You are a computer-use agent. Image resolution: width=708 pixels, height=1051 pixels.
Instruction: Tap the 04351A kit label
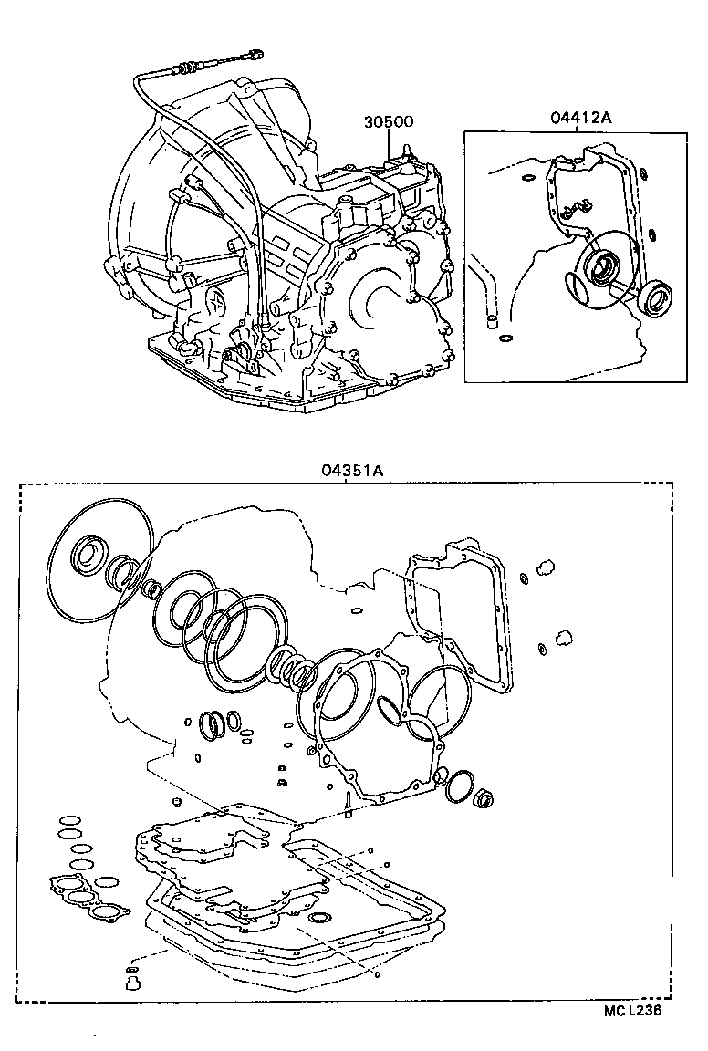click(x=350, y=471)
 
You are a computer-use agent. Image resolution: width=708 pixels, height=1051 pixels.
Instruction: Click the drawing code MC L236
click(x=630, y=1010)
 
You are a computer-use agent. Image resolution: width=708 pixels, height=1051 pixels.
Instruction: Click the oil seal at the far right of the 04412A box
click(x=653, y=297)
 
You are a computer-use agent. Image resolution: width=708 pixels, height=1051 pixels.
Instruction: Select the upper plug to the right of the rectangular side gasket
click(x=548, y=567)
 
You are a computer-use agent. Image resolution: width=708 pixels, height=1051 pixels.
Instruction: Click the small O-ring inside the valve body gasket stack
click(x=320, y=917)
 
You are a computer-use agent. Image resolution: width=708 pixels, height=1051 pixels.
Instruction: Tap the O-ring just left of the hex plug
click(x=460, y=787)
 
